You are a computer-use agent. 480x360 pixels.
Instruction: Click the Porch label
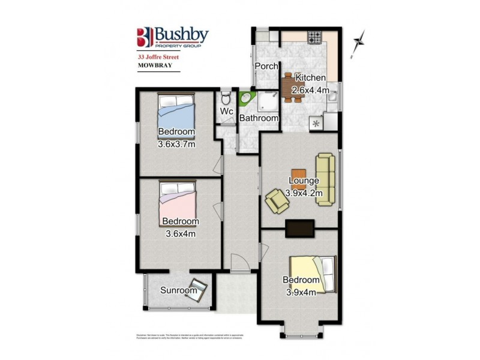[x=265, y=65]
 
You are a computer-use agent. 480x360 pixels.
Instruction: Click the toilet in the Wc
[x=226, y=97]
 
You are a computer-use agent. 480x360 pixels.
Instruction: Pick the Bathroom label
[x=259, y=118]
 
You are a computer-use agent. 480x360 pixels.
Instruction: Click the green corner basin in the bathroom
[x=245, y=98]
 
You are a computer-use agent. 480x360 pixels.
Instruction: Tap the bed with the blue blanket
[x=176, y=110]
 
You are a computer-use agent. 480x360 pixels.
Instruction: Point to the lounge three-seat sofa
[x=325, y=179]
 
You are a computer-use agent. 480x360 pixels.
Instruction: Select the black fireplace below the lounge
[x=299, y=228]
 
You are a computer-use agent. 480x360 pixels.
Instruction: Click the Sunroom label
[x=178, y=291]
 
